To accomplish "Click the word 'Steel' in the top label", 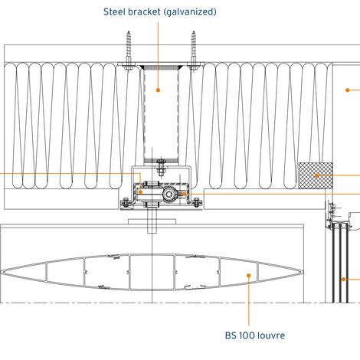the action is point(114,11).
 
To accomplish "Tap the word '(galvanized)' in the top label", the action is point(190,12).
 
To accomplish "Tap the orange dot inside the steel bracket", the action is point(158,90).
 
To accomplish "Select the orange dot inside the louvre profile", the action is point(248,275).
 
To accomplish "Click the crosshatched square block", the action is point(316,175).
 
